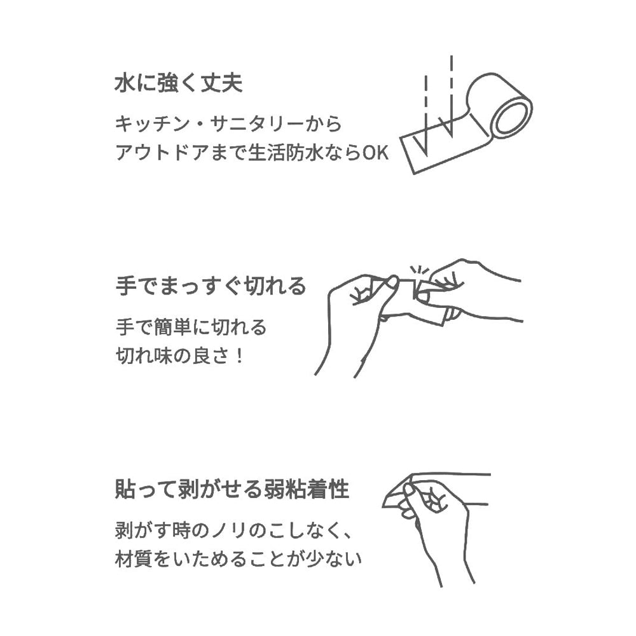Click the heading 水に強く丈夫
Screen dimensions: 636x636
coord(179,83)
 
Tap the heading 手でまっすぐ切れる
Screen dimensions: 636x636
coord(211,286)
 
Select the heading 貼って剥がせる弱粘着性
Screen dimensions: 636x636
coord(232,488)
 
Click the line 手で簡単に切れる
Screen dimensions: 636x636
coord(191,327)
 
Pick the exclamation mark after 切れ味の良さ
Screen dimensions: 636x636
coord(239,357)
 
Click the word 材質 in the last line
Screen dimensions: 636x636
coord(133,559)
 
